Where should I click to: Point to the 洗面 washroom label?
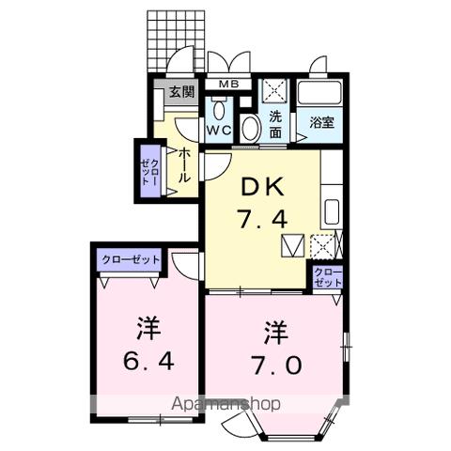[275, 125]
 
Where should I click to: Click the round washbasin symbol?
[251, 128]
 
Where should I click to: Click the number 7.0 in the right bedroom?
[275, 363]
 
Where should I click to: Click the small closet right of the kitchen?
[326, 276]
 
